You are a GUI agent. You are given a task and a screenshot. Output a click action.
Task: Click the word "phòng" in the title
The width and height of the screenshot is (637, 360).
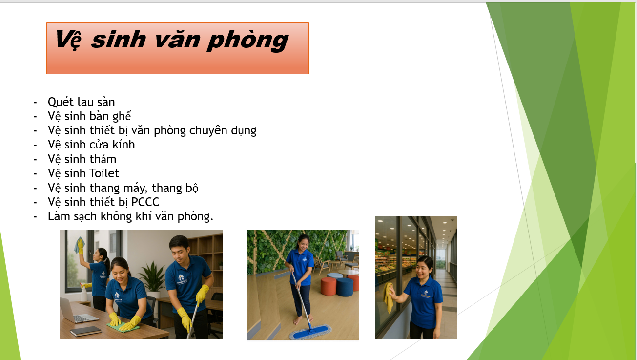[x=247, y=41]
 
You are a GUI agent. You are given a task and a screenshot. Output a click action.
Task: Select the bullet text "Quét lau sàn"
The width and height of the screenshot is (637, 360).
[x=82, y=102]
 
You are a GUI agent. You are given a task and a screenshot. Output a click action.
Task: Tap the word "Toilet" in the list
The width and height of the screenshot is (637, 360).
[x=104, y=173]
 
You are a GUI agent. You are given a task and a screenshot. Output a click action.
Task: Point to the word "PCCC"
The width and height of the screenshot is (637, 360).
[x=145, y=202]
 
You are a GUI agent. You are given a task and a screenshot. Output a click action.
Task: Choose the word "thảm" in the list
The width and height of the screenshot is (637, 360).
[x=103, y=159]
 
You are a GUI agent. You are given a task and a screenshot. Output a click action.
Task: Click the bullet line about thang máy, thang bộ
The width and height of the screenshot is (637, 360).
[x=123, y=188]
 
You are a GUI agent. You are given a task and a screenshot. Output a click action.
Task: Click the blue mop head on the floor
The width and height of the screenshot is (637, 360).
[x=310, y=332]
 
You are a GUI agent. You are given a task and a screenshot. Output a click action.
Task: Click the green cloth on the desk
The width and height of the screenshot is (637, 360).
[x=123, y=326]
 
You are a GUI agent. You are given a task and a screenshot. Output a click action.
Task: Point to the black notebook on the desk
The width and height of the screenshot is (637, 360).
[x=85, y=331]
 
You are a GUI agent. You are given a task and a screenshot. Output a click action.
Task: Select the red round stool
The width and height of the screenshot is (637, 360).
[x=329, y=286]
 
